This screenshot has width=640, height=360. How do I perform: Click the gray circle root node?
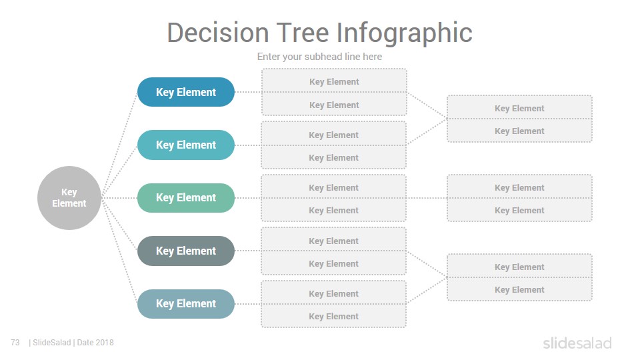click(x=69, y=198)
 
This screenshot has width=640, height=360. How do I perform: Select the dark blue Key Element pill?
click(x=186, y=92)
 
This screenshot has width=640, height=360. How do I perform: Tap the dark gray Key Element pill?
click(x=186, y=251)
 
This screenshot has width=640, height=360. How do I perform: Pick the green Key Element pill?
click(x=186, y=198)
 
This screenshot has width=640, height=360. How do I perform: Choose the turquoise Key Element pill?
click(x=186, y=145)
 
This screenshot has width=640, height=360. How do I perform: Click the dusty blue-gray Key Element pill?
click(x=186, y=304)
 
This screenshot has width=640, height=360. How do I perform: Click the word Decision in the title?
click(x=218, y=33)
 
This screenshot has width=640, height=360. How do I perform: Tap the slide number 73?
click(x=15, y=343)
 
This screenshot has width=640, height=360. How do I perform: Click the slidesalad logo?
click(x=577, y=343)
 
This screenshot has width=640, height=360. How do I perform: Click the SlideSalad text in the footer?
click(x=51, y=343)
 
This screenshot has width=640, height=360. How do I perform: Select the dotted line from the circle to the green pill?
click(x=119, y=198)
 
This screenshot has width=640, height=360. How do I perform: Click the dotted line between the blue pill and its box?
click(x=248, y=92)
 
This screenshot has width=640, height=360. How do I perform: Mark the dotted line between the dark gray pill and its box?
click(x=248, y=251)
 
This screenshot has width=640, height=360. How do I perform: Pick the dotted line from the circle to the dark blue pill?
click(x=119, y=145)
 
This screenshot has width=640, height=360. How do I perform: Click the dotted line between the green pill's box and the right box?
click(x=427, y=198)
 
